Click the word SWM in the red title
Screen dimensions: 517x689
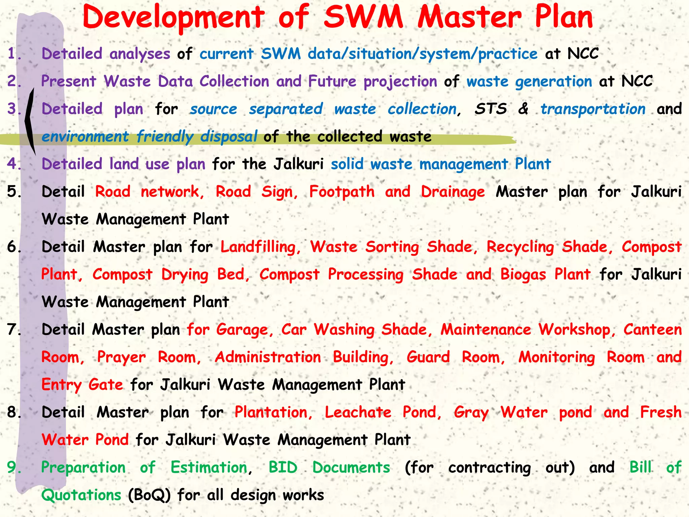(363, 18)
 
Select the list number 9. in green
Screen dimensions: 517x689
(14, 467)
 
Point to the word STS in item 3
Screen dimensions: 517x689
(491, 109)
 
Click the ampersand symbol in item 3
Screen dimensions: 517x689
(523, 109)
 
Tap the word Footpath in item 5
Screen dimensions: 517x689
(342, 192)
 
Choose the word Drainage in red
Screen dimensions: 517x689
(453, 192)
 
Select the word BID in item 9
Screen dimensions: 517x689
(283, 468)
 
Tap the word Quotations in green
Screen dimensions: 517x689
(81, 495)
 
